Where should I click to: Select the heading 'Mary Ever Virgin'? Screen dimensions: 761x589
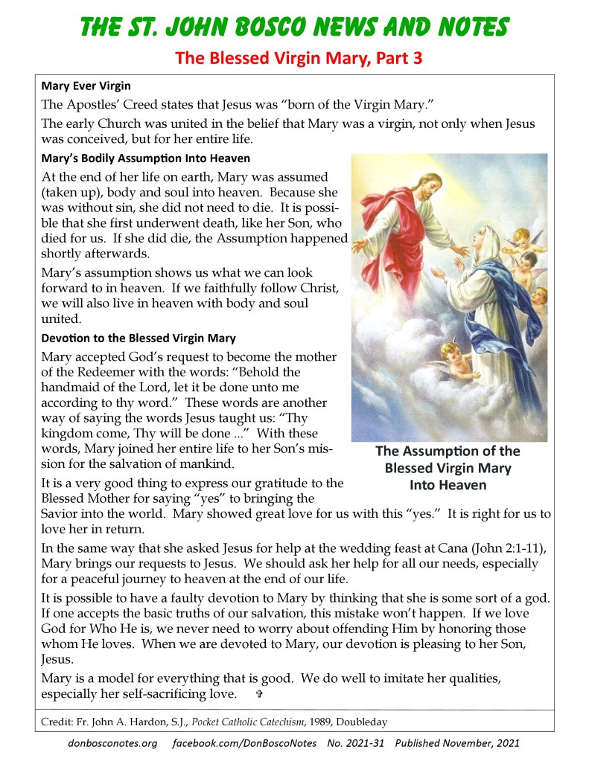coord(86,86)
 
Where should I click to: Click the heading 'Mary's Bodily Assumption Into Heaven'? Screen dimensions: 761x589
coord(146,158)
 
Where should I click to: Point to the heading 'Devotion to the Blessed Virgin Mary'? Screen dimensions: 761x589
coord(139,338)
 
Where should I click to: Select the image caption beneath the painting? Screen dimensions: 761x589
coord(448,468)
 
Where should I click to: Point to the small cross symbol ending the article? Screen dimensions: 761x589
coord(259,694)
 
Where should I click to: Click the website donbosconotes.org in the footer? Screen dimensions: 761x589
coord(112,742)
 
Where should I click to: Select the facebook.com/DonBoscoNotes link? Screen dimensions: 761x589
coord(244,742)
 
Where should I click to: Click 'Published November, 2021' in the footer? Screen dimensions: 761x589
coord(457,742)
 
